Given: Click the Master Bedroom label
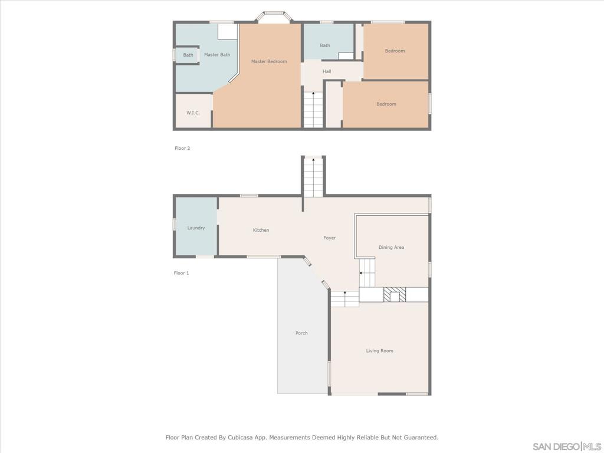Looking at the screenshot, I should click(269, 61).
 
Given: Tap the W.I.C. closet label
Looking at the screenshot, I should click(193, 113).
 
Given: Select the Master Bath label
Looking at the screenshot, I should click(217, 55).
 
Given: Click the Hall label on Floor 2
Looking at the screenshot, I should click(327, 71).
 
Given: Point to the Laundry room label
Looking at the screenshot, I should click(196, 228).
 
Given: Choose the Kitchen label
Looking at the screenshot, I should click(261, 230).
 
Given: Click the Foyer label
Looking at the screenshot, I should click(329, 238).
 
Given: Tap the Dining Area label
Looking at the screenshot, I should click(391, 247).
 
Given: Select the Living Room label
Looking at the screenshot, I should click(379, 351).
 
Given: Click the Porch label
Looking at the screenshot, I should click(301, 333).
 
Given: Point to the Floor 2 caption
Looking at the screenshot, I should click(182, 149).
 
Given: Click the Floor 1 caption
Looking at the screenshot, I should click(181, 273).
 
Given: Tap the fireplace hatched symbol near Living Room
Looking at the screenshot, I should click(393, 295).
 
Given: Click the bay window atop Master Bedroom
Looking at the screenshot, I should click(273, 17).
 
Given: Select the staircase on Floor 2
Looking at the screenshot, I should click(313, 109).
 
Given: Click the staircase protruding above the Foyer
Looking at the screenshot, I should click(313, 176).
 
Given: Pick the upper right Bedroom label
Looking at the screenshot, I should click(395, 51).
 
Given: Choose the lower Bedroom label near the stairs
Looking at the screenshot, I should click(386, 104).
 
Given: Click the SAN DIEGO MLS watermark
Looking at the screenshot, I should click(566, 446).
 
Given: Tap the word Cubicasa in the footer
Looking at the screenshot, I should click(251, 438).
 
